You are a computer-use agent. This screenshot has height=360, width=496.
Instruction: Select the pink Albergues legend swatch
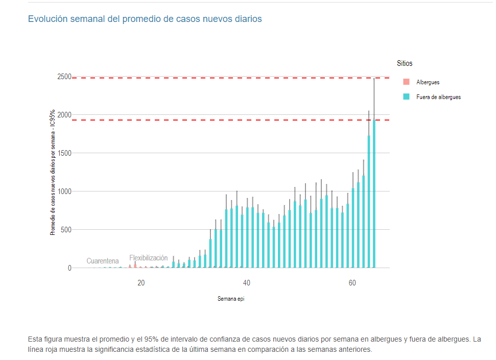(406, 82)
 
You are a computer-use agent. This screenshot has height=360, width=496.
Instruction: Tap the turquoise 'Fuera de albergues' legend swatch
(406, 97)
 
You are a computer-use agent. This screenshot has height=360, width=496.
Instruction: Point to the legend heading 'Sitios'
(405, 64)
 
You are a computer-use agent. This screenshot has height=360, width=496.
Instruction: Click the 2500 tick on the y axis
(64, 77)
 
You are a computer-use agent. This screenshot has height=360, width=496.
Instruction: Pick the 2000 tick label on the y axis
(64, 115)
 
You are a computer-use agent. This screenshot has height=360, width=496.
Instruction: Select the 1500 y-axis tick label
(64, 153)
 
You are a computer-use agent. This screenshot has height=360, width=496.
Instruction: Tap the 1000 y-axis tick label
(64, 191)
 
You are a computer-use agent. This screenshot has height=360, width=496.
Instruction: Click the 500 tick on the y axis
(66, 230)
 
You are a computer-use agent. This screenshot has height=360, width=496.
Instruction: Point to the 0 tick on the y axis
(69, 268)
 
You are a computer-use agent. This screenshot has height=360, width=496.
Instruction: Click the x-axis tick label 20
(141, 283)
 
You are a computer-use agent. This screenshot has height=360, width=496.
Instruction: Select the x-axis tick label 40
(247, 283)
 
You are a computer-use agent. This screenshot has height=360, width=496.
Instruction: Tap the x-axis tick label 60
(352, 283)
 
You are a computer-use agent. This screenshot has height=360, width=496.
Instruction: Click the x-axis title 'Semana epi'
(230, 299)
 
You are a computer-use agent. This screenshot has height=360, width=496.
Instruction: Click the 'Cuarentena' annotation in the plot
(102, 261)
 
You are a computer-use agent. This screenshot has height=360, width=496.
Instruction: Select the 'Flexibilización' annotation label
(148, 258)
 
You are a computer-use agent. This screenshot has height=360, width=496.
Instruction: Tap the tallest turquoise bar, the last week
(374, 194)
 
